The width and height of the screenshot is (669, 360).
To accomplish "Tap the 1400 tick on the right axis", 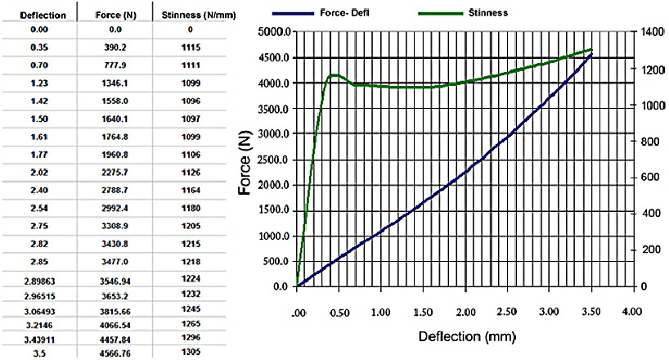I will click(649, 32).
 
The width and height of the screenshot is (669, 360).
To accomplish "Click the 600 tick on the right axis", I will click(647, 178).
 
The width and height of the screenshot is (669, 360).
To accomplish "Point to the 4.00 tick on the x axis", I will click(631, 312).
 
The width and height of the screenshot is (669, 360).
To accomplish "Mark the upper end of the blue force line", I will click(590, 55).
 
